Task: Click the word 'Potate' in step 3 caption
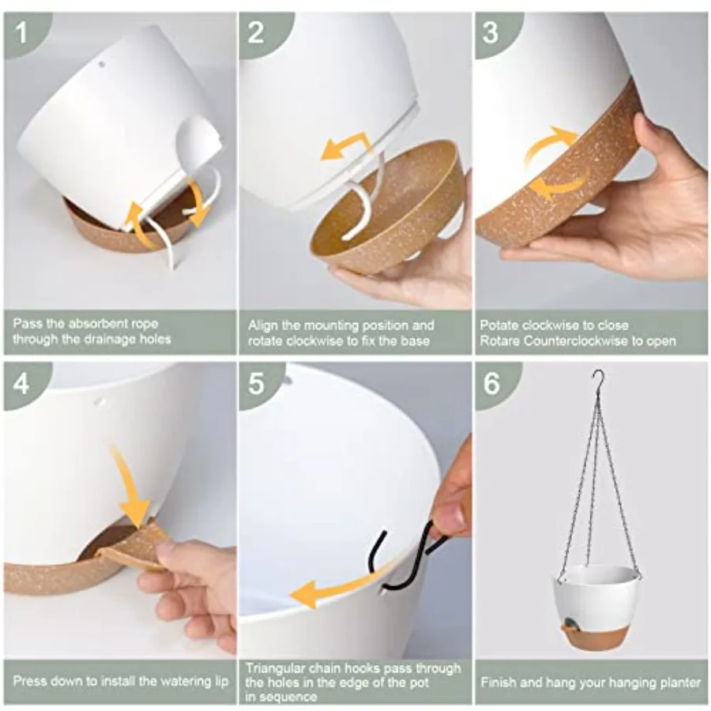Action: pos(499,325)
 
